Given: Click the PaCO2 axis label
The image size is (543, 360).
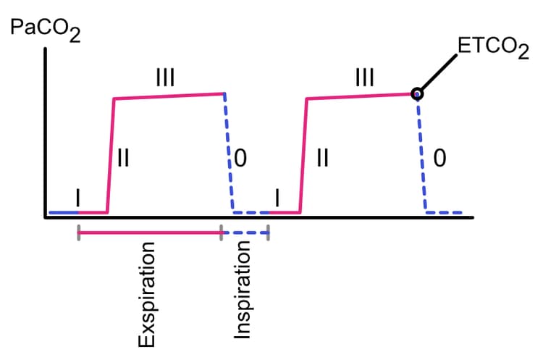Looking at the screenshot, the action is (x=46, y=30).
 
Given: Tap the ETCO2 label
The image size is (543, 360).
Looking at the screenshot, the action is (x=493, y=48).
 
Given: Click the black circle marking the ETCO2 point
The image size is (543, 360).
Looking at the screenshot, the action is (x=417, y=93).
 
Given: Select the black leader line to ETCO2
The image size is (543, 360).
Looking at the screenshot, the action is (x=439, y=72).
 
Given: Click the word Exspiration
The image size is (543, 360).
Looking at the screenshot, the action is (x=146, y=295).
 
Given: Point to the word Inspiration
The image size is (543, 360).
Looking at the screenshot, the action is (x=242, y=290).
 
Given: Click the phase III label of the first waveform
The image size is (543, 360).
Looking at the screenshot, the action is (x=165, y=77).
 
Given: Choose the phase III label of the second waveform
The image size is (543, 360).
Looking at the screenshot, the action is (x=365, y=77).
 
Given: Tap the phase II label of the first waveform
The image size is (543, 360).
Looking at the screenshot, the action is (x=123, y=158).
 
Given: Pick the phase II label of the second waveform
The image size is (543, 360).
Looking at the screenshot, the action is (x=323, y=158).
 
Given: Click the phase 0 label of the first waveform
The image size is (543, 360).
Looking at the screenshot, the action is (x=240, y=158).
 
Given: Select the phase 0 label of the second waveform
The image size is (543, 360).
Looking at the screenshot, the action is (x=439, y=158).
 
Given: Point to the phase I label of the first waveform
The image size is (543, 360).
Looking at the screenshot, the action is (x=78, y=198).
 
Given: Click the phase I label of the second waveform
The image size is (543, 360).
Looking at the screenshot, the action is (x=277, y=198).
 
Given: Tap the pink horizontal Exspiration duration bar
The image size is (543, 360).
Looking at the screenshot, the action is (x=150, y=233).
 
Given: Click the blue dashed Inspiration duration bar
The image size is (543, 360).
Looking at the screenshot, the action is (x=245, y=233).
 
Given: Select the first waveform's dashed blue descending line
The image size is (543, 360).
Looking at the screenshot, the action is (x=229, y=153).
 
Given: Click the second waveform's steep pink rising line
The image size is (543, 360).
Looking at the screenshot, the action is (x=303, y=156).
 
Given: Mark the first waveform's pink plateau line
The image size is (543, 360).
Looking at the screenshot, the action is (x=169, y=96).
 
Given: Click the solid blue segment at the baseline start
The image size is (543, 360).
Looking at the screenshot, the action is (x=64, y=212).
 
